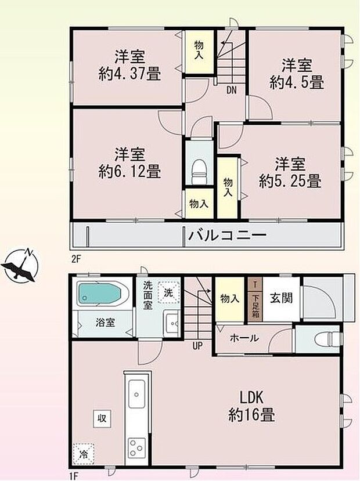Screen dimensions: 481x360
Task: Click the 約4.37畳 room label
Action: point(129,66)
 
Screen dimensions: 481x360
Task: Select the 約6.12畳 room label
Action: point(129,163)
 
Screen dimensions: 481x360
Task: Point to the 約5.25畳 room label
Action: point(290,172)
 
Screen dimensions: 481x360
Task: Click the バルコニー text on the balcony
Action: point(226,236)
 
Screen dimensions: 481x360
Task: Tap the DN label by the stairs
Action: point(231,89)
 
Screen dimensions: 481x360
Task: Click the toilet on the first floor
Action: point(325,338)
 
